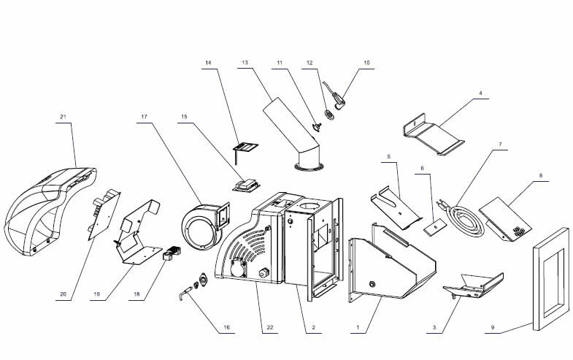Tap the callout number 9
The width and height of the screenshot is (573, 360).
[493, 329]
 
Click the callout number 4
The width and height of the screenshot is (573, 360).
[481, 93]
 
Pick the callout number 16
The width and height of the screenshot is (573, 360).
[226, 329]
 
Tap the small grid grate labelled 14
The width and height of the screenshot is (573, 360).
[245, 149]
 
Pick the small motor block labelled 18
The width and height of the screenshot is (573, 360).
[172, 254]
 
